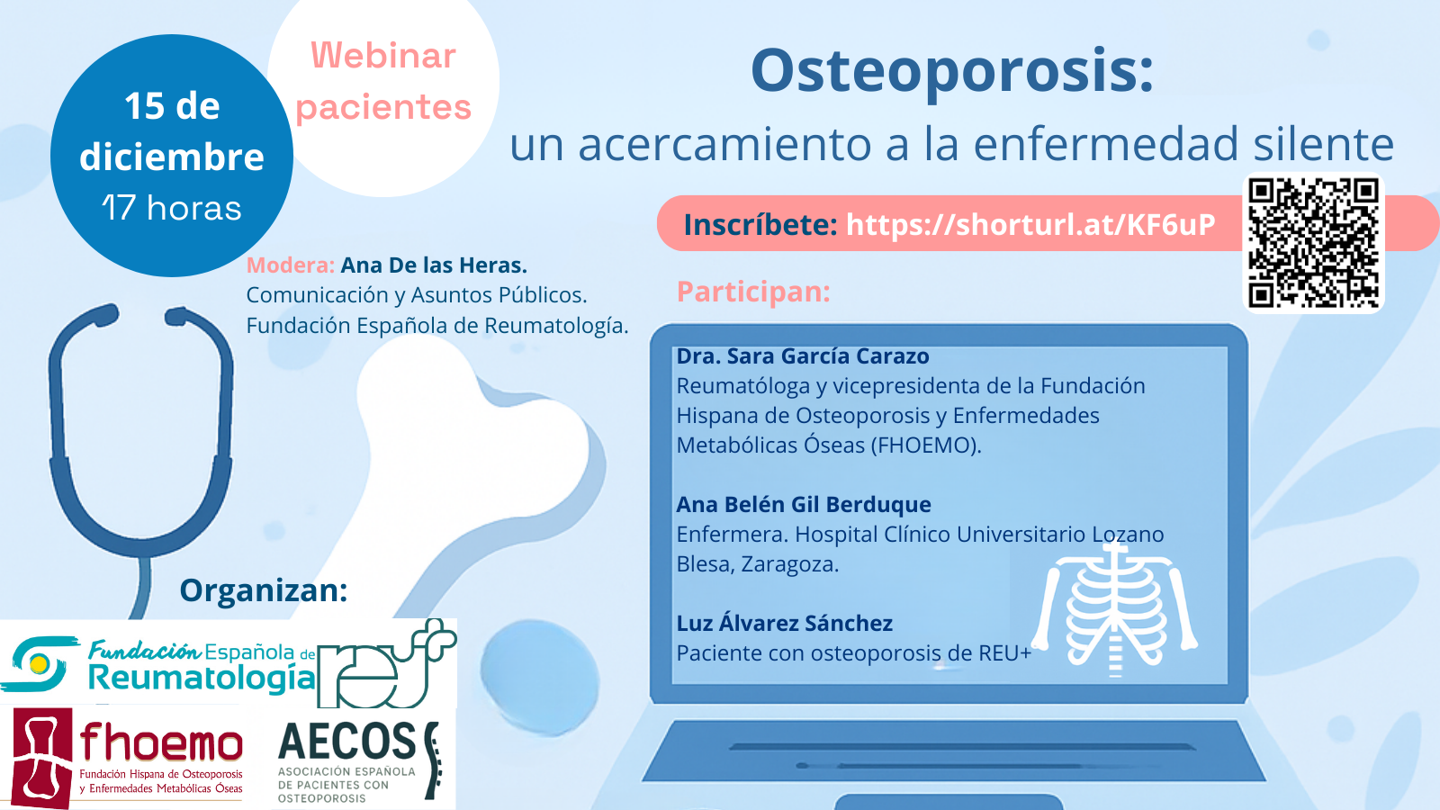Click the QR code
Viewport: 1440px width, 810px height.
pyautogui.click(x=1313, y=243)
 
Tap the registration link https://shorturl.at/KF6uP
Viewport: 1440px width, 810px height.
pyautogui.click(x=1030, y=224)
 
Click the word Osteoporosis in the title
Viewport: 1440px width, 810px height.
pyautogui.click(x=952, y=71)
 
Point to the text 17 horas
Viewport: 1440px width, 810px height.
pyautogui.click(x=172, y=208)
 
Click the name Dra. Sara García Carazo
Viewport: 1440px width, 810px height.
pyautogui.click(x=803, y=355)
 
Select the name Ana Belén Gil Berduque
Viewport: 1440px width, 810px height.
pyautogui.click(x=804, y=505)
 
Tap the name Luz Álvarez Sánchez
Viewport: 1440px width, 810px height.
pyautogui.click(x=784, y=623)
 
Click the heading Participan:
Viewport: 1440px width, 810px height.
pyautogui.click(x=753, y=292)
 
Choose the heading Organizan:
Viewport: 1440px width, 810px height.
pyautogui.click(x=264, y=590)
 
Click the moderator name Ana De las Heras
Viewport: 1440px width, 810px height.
pyautogui.click(x=434, y=265)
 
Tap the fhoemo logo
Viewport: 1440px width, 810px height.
pyautogui.click(x=128, y=757)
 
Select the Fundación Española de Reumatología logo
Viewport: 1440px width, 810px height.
pyautogui.click(x=158, y=665)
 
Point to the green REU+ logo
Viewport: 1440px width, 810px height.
pyautogui.click(x=387, y=663)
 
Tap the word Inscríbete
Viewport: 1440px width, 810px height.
pyautogui.click(x=760, y=225)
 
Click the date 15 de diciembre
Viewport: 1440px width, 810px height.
pyautogui.click(x=172, y=131)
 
